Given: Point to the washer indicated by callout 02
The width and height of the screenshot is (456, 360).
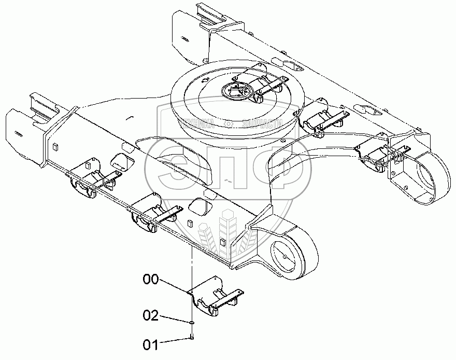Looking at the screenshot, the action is click(192, 322).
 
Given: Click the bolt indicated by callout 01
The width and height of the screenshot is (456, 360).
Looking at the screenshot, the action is click(192, 338).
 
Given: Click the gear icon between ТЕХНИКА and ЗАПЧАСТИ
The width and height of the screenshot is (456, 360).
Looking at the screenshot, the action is click(229, 123).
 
